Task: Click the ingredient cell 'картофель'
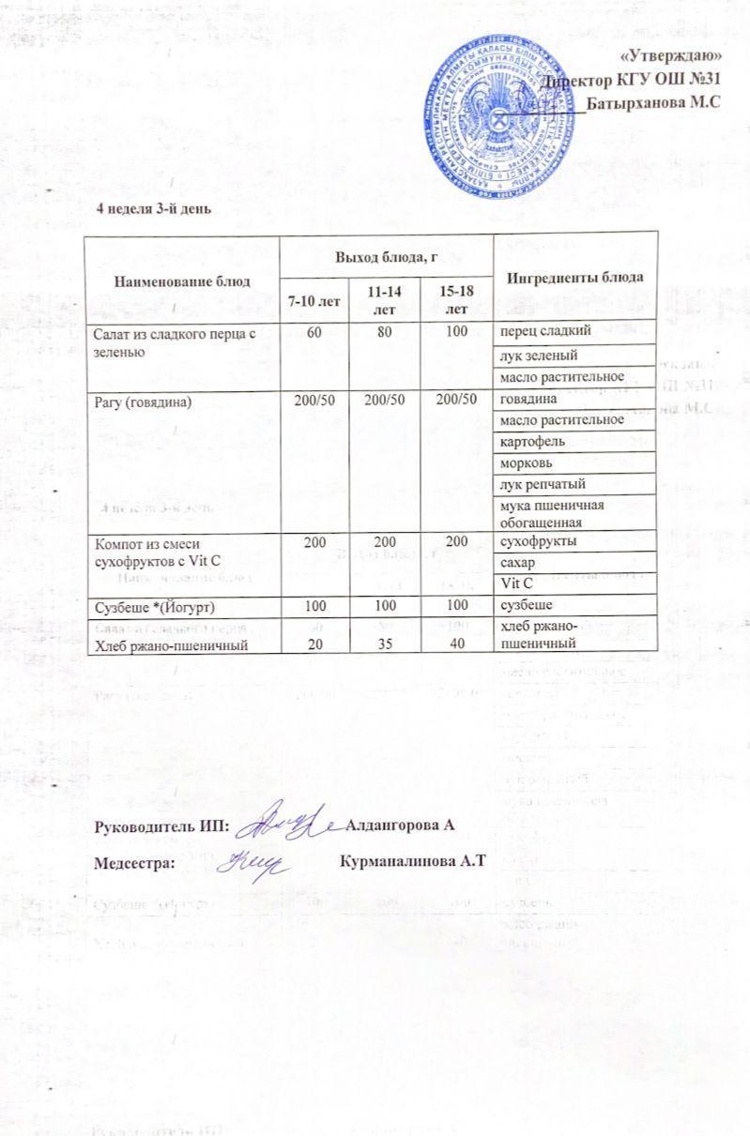(531, 442)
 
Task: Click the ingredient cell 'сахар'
(520, 563)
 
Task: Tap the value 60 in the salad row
(314, 332)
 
